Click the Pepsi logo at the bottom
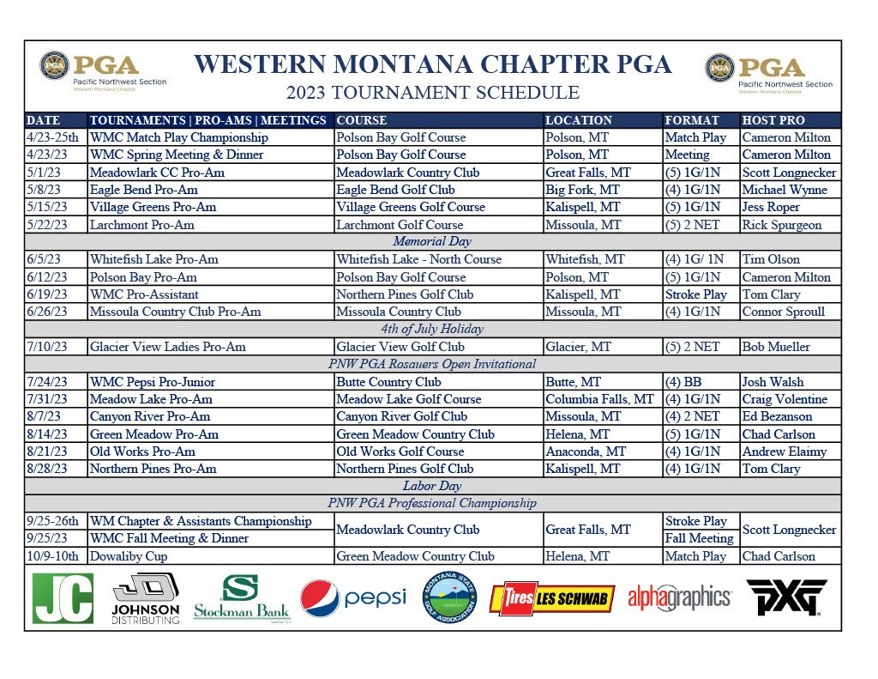click(352, 598)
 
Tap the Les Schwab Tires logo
click(551, 598)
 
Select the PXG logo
click(785, 597)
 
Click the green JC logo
click(62, 598)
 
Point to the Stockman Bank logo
click(241, 598)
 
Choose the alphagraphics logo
click(679, 597)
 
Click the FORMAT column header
click(691, 120)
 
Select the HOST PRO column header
click(773, 120)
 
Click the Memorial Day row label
click(432, 242)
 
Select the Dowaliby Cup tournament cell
click(129, 556)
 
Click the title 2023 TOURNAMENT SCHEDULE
click(432, 93)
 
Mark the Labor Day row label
click(432, 486)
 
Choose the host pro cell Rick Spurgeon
click(781, 225)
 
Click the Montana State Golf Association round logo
click(450, 598)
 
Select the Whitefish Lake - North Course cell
click(418, 259)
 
